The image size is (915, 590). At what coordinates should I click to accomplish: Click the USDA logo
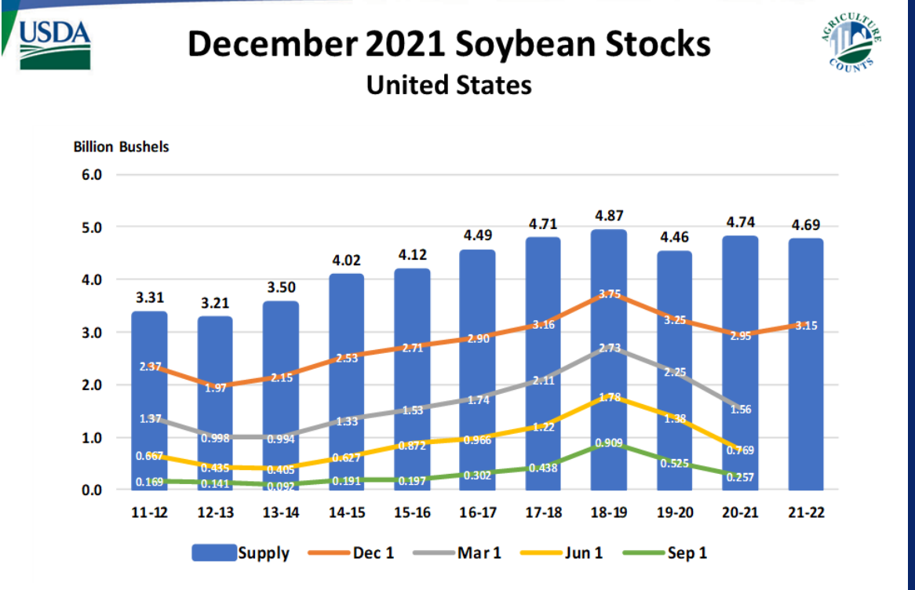[x=54, y=44]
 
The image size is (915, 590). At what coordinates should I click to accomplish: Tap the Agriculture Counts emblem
[x=855, y=43]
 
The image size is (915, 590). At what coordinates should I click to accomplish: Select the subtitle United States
[x=449, y=84]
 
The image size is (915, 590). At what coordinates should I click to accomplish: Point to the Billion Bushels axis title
[x=121, y=147]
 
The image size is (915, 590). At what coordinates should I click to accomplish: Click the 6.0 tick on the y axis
[x=92, y=175]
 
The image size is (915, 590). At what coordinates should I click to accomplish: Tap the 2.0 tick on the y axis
[x=92, y=385]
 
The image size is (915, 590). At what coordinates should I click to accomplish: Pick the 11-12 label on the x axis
[x=148, y=512]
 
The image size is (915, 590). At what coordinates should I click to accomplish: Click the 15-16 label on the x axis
[x=412, y=512]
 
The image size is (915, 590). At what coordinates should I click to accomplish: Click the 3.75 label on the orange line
[x=609, y=294]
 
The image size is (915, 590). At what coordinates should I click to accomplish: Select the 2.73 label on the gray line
[x=609, y=348]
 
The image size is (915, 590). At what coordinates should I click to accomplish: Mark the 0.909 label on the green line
[x=609, y=442]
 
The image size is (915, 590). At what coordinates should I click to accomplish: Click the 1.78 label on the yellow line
[x=609, y=398]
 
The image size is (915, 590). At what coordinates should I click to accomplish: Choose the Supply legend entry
[x=242, y=553]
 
